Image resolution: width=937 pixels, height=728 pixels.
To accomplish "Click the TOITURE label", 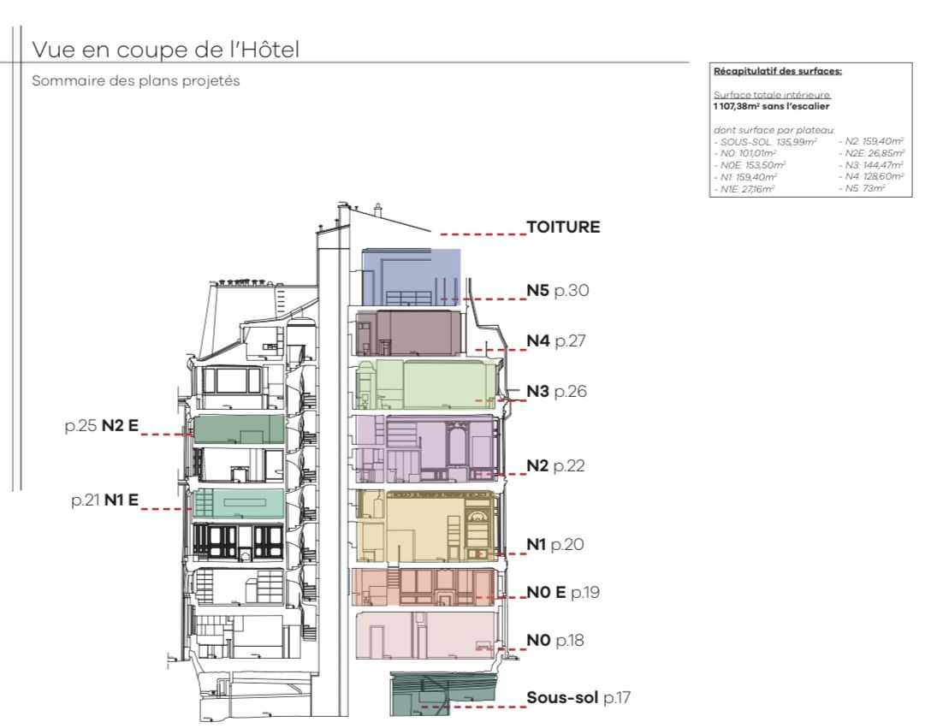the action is pyautogui.click(x=563, y=227).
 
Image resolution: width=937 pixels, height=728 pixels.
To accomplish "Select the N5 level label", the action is pyautogui.click(x=537, y=290).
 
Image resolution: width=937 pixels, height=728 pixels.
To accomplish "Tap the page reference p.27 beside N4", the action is pyautogui.click(x=570, y=341).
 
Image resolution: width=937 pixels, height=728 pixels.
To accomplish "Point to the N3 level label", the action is pyautogui.click(x=537, y=391).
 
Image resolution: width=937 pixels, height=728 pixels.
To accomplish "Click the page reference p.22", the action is pyautogui.click(x=569, y=466).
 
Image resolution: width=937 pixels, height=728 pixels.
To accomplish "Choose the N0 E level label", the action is pyautogui.click(x=546, y=593).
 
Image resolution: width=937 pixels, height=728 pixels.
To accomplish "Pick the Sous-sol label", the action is pyautogui.click(x=561, y=697).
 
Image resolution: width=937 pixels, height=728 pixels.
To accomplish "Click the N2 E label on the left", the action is pyautogui.click(x=120, y=425).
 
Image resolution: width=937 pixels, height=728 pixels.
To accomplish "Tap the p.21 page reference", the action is pyautogui.click(x=86, y=500).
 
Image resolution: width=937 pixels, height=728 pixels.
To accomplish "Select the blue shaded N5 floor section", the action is pyautogui.click(x=411, y=277).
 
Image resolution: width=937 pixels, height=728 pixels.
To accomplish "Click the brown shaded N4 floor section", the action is pyautogui.click(x=409, y=334).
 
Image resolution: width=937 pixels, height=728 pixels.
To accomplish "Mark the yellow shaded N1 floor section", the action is pyautogui.click(x=425, y=526).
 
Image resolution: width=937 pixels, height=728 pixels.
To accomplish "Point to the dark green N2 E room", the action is pyautogui.click(x=239, y=429).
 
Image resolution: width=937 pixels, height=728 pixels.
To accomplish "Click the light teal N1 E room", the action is pyautogui.click(x=239, y=504).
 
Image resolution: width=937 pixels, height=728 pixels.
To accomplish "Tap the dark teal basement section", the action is pyautogui.click(x=443, y=693).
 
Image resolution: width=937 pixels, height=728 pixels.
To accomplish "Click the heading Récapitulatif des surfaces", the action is pyautogui.click(x=778, y=71).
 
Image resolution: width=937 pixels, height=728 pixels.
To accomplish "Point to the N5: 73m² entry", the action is pyautogui.click(x=865, y=188).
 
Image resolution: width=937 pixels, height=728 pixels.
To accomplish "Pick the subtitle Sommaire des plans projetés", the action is pyautogui.click(x=136, y=80).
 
